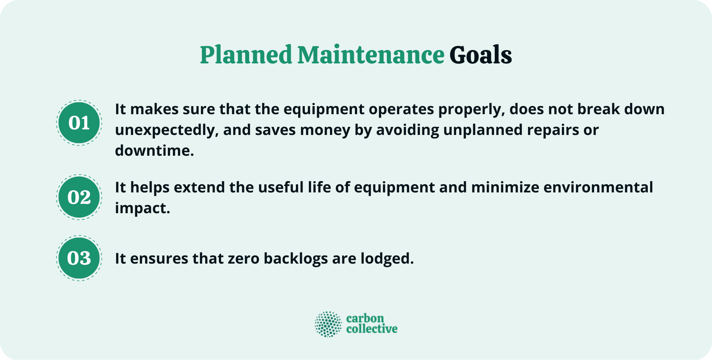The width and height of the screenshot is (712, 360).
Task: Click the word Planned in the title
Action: point(246,55)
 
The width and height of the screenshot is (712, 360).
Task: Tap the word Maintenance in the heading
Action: point(370,55)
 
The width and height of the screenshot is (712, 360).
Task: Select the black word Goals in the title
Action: point(481,55)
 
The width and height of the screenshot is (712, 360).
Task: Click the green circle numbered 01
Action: point(79,123)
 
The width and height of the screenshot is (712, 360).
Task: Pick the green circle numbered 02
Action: point(79,197)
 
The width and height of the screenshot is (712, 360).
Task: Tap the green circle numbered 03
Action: point(79,258)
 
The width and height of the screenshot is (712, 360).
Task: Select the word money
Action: point(325,130)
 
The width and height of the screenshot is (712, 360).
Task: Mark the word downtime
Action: point(154,151)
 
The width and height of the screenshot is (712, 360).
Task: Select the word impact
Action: point(142,208)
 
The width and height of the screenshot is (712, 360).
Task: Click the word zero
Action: point(243,259)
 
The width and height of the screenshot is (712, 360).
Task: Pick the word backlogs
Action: point(296,259)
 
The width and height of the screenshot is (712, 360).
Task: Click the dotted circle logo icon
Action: point(328,324)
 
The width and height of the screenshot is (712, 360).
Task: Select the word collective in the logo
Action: point(372,329)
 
